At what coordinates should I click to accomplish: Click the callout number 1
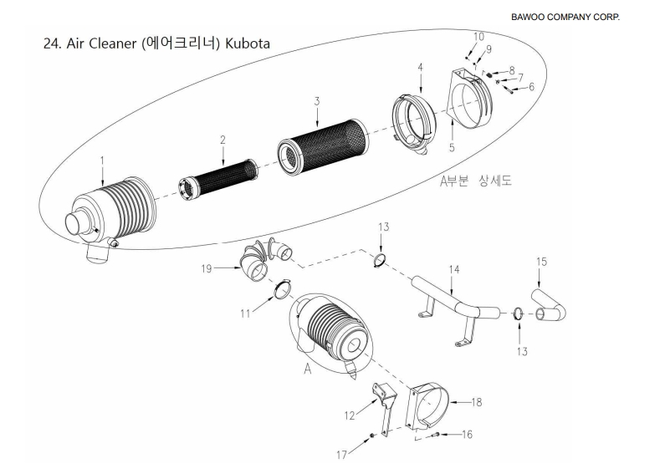(x=101, y=158)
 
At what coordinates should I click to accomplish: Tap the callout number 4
(x=420, y=66)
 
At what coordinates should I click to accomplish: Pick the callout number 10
(x=478, y=36)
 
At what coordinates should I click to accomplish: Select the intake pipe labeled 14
(x=452, y=305)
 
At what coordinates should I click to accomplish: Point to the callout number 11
(x=245, y=315)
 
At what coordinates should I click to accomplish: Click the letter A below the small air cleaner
(x=308, y=370)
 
